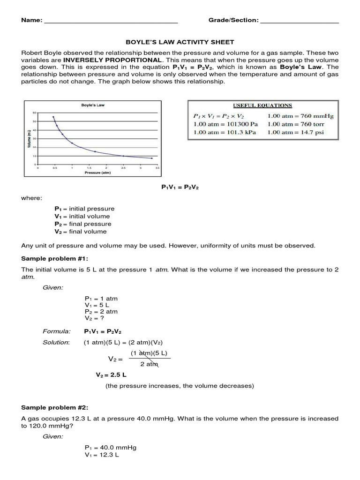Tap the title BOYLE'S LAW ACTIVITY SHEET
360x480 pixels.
tap(180, 42)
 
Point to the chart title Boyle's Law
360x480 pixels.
tap(93, 105)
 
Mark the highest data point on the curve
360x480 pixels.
tap(53, 117)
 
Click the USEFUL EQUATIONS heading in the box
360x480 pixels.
tap(263, 105)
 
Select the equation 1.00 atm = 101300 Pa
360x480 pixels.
tap(225, 124)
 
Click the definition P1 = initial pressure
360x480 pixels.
tap(84, 209)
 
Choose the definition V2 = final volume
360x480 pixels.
tap(81, 232)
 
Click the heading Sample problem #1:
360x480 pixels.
tap(54, 259)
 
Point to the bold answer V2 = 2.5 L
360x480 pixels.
tap(111, 375)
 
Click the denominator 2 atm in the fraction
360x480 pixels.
tap(149, 364)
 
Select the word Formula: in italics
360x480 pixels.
tap(56, 331)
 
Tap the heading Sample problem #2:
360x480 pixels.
tap(54, 407)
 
